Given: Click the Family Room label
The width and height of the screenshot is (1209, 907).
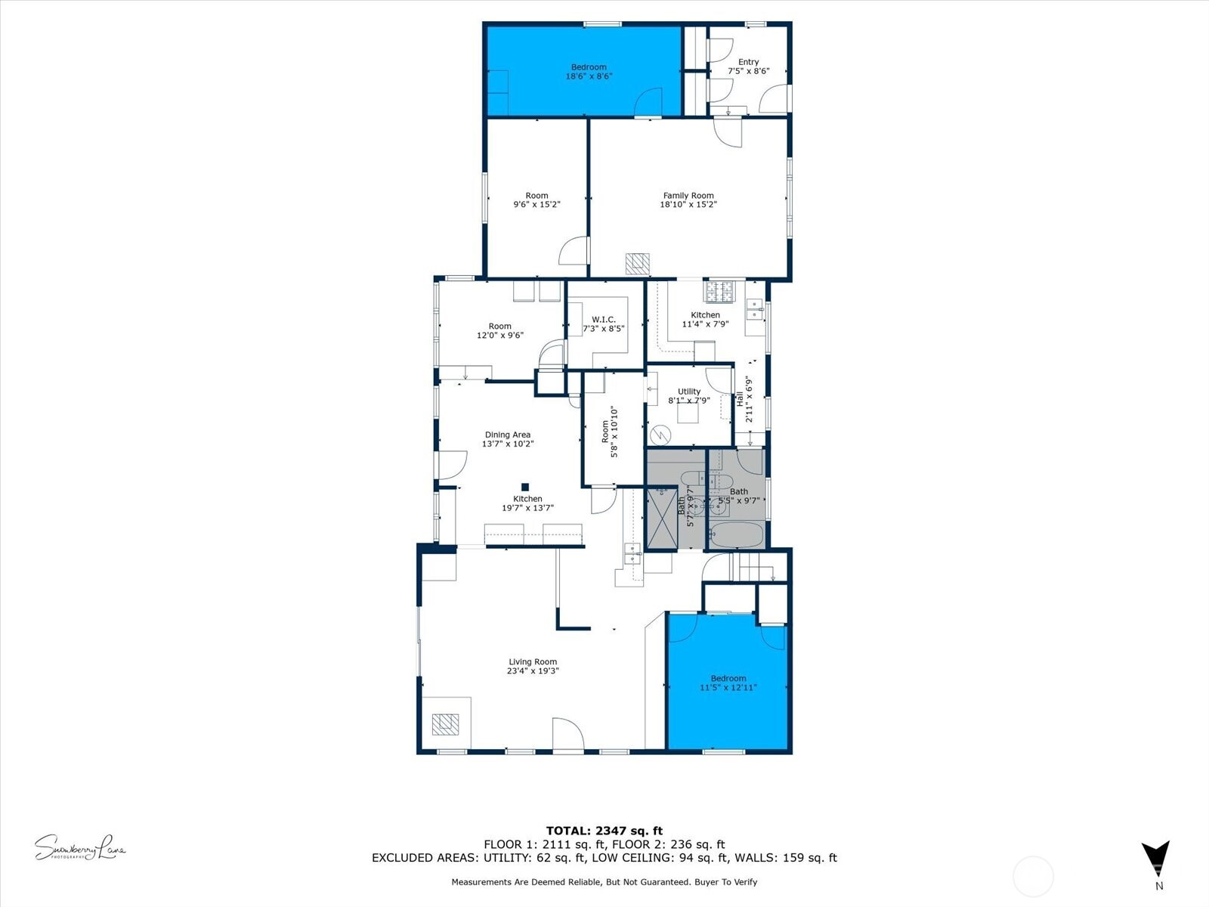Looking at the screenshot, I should (688, 196).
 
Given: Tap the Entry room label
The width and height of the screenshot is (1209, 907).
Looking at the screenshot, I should (748, 62).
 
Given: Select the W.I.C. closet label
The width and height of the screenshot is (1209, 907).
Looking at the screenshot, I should (604, 320).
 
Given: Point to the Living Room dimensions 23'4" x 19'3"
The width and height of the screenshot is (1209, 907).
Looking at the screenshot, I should (533, 671).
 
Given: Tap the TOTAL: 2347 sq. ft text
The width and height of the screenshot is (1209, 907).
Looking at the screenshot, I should (604, 831).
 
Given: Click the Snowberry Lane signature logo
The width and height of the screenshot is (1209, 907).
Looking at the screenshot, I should (80, 847).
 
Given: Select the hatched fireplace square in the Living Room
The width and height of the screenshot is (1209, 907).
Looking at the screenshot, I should (445, 724).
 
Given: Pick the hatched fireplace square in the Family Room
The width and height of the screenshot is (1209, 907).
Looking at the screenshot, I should (637, 263).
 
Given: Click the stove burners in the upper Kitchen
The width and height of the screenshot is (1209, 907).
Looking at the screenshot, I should (720, 290).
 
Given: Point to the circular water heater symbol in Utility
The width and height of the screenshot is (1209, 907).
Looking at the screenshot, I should (660, 435).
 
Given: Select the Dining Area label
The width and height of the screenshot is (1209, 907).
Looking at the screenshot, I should (507, 435).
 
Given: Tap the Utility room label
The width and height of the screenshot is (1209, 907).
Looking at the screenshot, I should (688, 392).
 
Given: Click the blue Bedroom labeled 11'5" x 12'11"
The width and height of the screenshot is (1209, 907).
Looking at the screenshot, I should (728, 683).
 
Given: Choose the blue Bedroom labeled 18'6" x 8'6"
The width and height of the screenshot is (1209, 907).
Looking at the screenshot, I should (588, 71).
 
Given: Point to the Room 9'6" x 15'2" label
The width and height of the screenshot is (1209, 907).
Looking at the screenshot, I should (536, 200).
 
